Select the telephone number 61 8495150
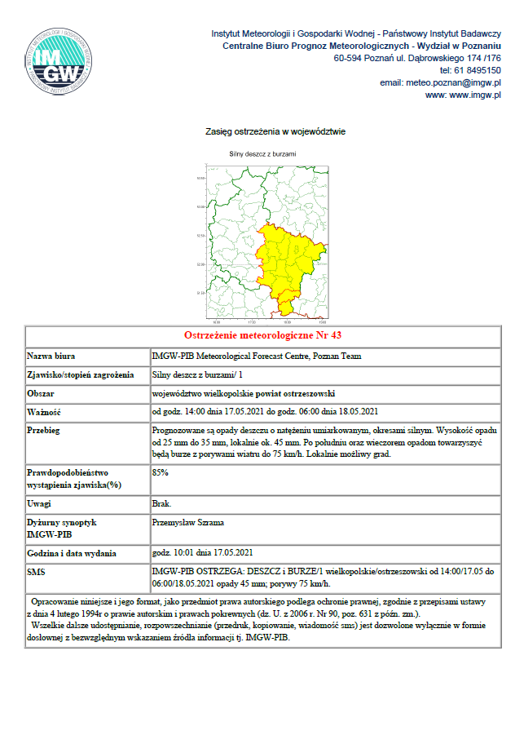click(477, 71)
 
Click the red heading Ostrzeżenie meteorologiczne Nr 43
click(262, 336)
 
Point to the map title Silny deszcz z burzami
click(262, 153)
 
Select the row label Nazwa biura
click(52, 356)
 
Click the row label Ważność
click(45, 411)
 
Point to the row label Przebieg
click(45, 429)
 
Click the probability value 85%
click(161, 472)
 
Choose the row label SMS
click(37, 573)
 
